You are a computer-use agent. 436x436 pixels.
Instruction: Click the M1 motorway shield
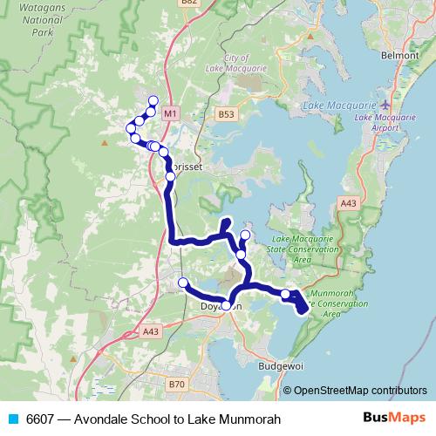click(170, 113)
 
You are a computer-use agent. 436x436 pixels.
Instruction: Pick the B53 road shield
click(227, 113)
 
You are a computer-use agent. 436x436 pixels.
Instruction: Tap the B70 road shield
click(178, 384)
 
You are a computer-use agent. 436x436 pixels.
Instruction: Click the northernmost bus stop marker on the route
click(154, 100)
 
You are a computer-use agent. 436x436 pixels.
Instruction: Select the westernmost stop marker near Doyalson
click(183, 283)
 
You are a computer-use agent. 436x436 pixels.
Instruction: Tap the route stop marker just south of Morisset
click(170, 177)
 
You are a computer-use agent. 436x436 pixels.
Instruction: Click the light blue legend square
click(12, 420)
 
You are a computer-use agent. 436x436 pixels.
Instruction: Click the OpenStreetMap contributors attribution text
click(359, 392)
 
